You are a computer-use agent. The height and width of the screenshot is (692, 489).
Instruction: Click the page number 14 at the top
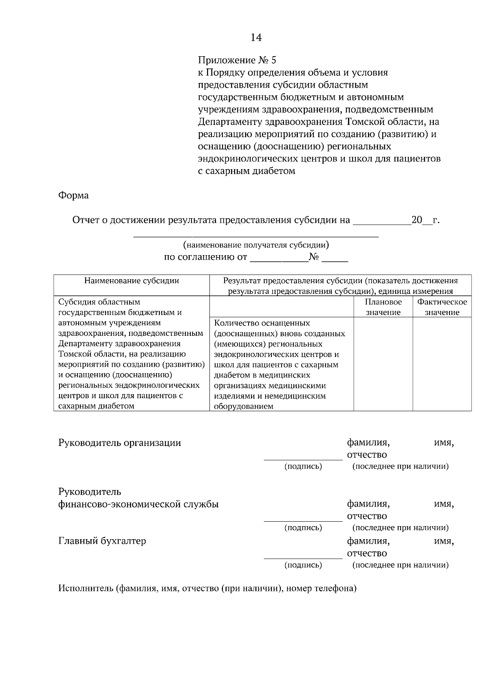tap(256, 38)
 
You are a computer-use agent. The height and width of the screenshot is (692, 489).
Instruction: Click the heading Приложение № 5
tap(237, 60)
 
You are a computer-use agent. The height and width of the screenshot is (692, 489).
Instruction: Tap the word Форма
tap(73, 195)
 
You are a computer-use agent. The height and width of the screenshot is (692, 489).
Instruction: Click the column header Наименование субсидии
tap(131, 281)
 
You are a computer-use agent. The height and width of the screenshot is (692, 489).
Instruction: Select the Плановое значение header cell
tap(383, 307)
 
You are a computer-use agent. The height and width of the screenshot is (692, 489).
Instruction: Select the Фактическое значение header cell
tap(442, 307)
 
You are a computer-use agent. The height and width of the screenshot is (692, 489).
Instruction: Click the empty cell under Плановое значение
tap(383, 364)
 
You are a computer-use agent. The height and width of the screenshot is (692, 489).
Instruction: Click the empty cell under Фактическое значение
tap(442, 364)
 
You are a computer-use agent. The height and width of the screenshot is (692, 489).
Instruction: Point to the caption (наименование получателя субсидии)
tap(256, 245)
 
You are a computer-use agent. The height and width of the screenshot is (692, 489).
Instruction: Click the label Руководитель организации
tap(120, 443)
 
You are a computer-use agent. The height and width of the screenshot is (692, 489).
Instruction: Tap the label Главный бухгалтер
tap(102, 541)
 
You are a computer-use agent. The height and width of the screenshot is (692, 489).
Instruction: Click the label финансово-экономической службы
tap(139, 504)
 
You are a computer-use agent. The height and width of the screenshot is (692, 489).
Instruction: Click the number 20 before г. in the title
tap(417, 220)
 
